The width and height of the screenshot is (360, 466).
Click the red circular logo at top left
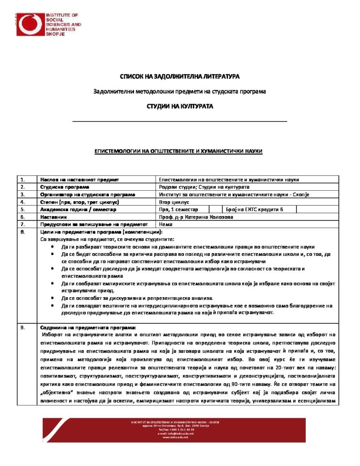tap(30, 24)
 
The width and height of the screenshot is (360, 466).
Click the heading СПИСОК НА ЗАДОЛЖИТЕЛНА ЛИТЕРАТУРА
tap(179, 77)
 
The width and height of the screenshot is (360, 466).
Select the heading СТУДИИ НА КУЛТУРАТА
tap(179, 106)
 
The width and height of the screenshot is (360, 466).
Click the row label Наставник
tap(54, 217)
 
